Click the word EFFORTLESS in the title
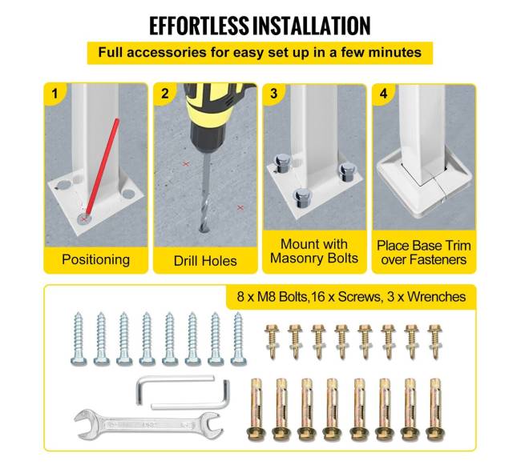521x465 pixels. click(x=199, y=26)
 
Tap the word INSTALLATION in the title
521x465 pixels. click(x=311, y=26)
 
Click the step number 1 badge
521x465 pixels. click(x=55, y=94)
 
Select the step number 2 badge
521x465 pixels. click(x=165, y=94)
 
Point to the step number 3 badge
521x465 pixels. click(x=274, y=94)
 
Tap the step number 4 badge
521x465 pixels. click(x=383, y=94)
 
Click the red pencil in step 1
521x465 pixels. click(x=102, y=168)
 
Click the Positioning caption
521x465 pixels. click(x=95, y=259)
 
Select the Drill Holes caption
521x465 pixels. click(x=205, y=261)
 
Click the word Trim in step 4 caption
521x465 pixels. click(x=458, y=246)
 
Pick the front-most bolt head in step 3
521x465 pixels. click(x=302, y=198)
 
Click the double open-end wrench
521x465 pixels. click(x=147, y=425)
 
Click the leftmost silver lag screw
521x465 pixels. click(x=79, y=339)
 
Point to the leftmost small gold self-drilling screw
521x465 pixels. click(x=272, y=342)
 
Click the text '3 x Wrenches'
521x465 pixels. click(x=426, y=296)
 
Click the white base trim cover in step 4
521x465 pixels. click(x=424, y=186)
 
